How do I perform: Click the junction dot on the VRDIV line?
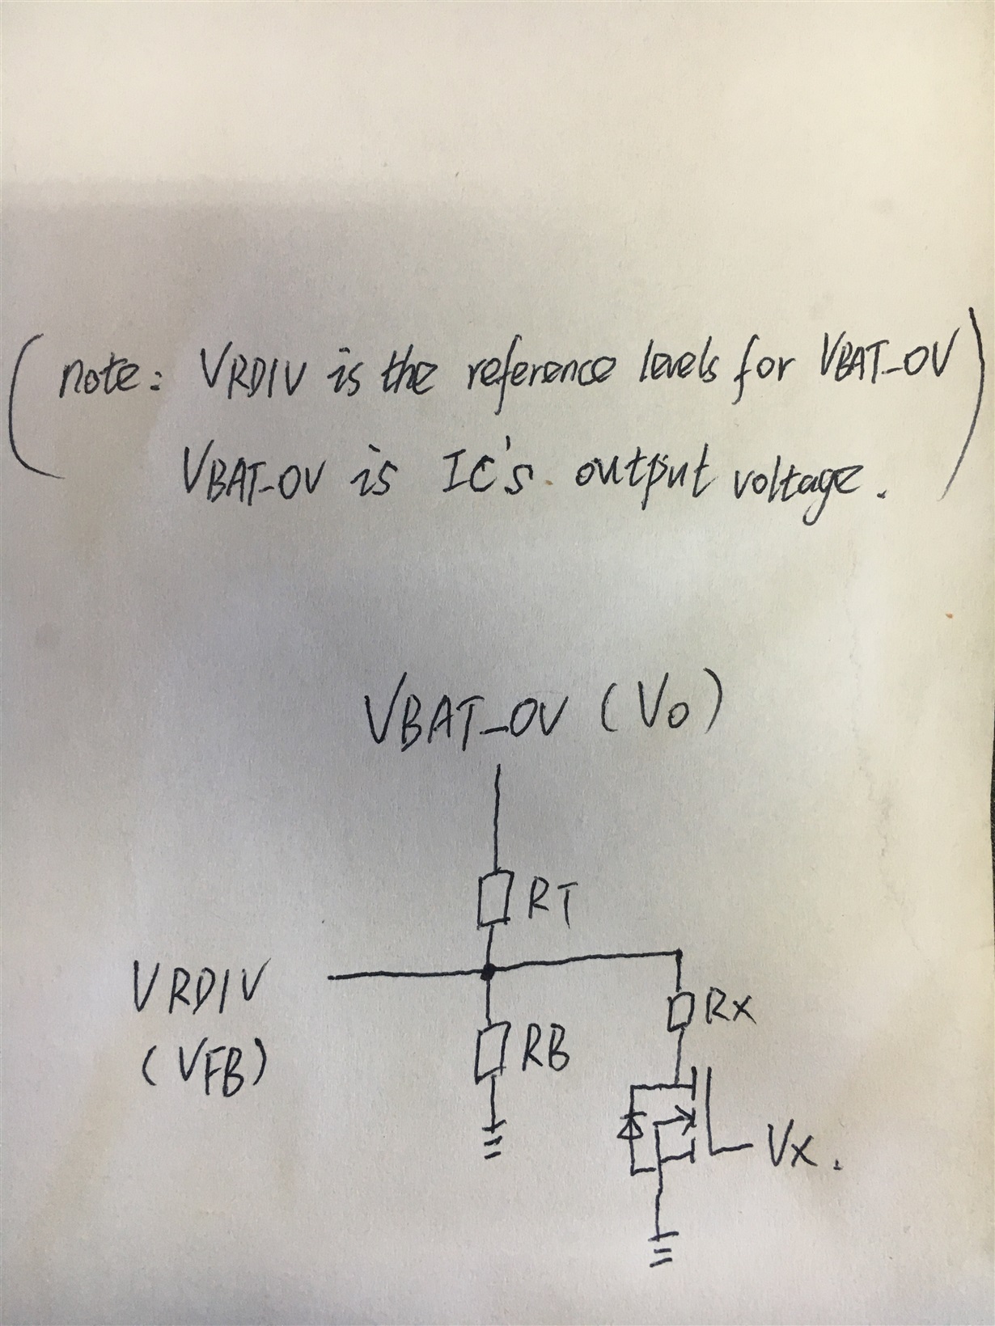click(x=488, y=973)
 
